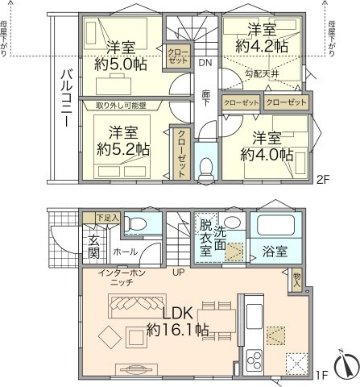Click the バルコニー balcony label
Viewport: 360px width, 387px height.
pos(67,100)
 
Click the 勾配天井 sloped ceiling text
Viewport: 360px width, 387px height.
pos(261,73)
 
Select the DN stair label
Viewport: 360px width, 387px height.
pos(205,62)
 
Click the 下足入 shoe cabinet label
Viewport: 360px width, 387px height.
pos(107,217)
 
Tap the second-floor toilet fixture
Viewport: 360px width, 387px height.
pos(206,167)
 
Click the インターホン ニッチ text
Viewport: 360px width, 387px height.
pos(121,279)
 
